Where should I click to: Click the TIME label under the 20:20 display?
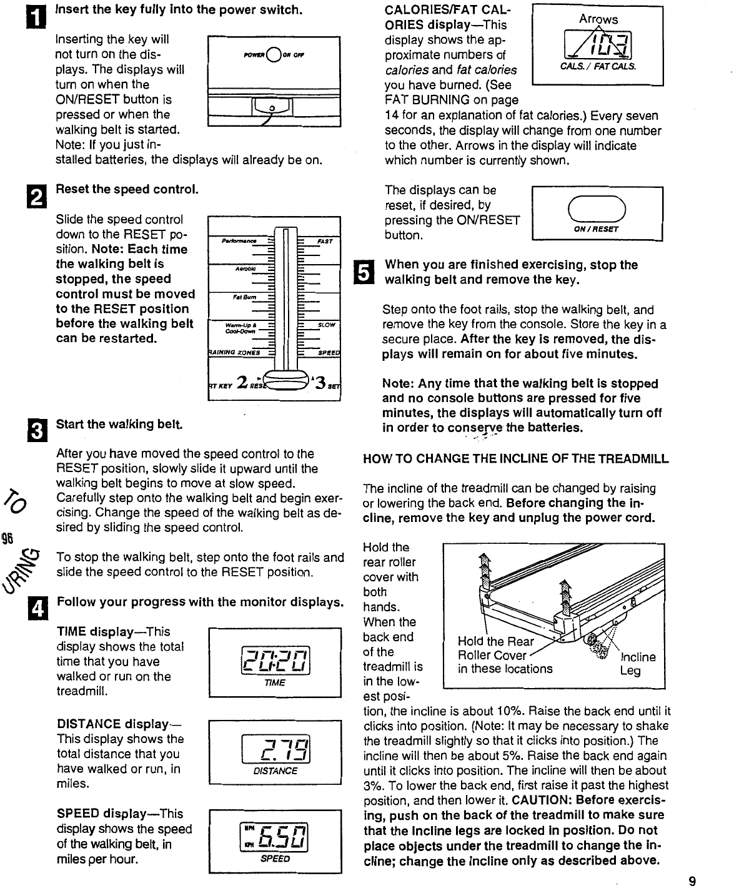coord(274,682)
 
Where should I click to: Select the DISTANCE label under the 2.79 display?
coord(275,770)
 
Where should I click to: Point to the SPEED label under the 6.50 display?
coord(275,859)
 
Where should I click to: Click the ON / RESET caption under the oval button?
coord(597,229)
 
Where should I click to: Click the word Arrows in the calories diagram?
coord(598,19)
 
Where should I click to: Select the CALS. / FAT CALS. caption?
coord(597,66)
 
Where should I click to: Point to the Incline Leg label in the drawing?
coord(637,664)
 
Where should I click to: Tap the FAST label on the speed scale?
coord(325,240)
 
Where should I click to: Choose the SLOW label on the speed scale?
coord(326,325)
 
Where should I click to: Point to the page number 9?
coord(692,881)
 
